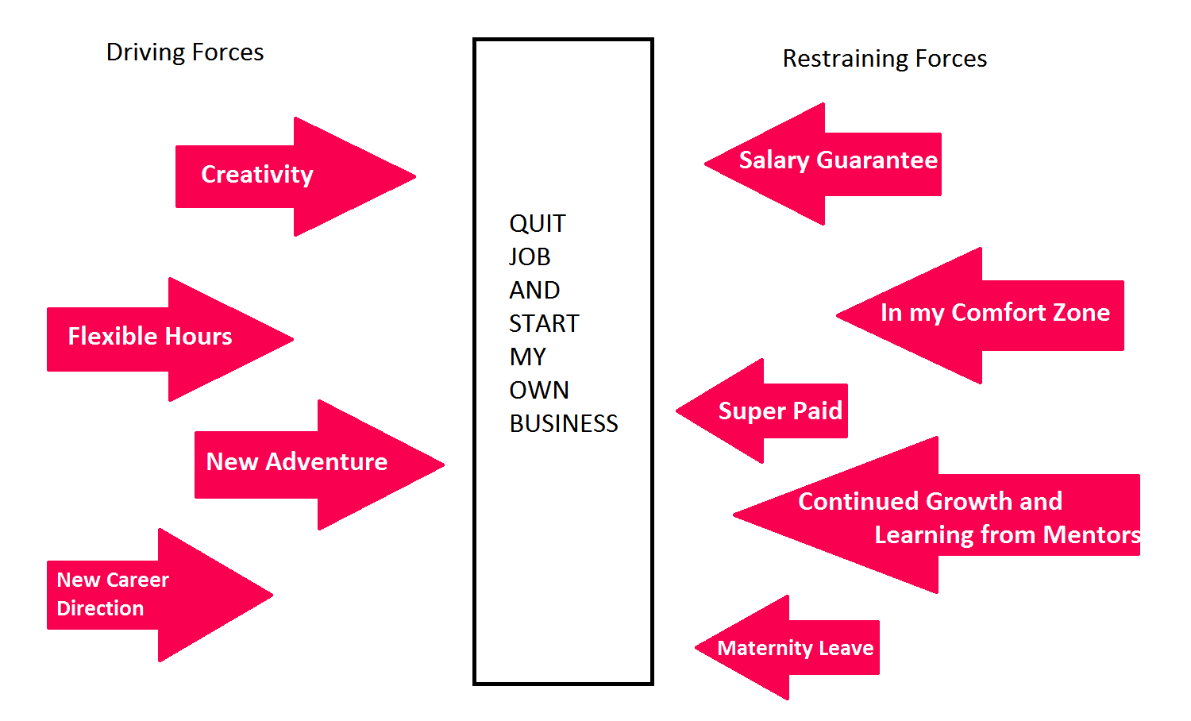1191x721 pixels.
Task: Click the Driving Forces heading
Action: click(185, 52)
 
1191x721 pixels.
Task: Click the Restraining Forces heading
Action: click(885, 59)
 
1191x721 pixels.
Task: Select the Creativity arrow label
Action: click(257, 175)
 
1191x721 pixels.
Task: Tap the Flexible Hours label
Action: click(150, 337)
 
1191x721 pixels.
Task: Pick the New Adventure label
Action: click(297, 462)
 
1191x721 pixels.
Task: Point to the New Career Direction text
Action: click(113, 594)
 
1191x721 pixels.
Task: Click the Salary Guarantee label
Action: click(838, 160)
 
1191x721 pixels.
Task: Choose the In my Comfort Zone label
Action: click(995, 313)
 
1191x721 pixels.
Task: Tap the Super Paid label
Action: click(780, 411)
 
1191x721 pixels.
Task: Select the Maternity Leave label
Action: click(795, 649)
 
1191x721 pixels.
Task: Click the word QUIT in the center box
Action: click(538, 224)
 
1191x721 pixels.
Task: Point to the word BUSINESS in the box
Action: click(564, 424)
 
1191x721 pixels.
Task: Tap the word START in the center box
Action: click(544, 324)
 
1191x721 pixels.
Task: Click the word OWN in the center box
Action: click(539, 391)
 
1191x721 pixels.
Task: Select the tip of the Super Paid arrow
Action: click(680, 411)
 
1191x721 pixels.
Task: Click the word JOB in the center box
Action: click(530, 257)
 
